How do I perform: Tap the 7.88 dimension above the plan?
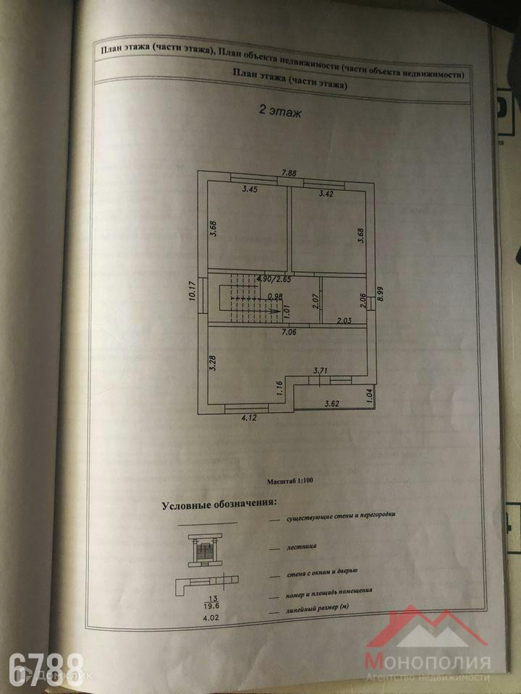(289, 173)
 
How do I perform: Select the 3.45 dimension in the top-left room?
(250, 189)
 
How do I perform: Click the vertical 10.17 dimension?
(192, 295)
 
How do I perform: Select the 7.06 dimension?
(290, 333)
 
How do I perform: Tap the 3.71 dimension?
(321, 371)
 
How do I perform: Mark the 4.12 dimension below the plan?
(250, 417)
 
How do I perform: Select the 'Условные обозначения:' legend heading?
(219, 504)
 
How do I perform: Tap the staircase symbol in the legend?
(206, 549)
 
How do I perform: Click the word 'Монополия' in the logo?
(427, 661)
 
